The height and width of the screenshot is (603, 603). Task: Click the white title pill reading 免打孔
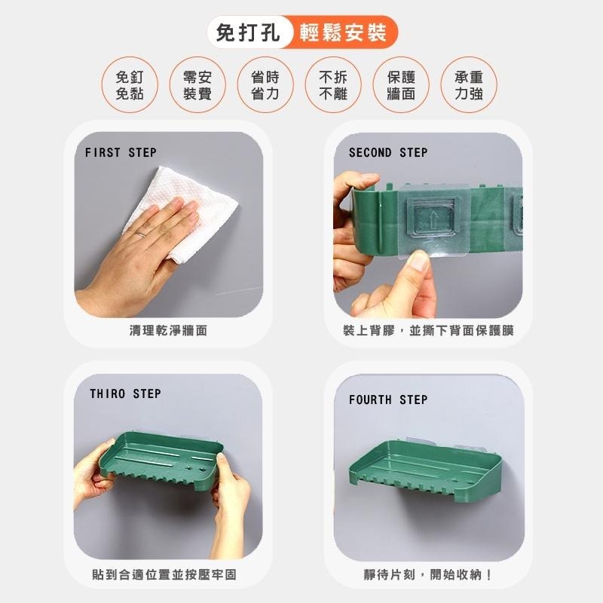[248, 33]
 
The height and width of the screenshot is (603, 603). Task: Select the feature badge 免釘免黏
[130, 84]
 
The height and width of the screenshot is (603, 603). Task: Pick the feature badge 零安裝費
[197, 84]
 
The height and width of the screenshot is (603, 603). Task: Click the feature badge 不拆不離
[332, 84]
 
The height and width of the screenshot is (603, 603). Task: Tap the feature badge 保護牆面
[400, 84]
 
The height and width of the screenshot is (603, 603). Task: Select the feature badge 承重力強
[468, 84]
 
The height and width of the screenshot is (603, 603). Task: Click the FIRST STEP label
[121, 152]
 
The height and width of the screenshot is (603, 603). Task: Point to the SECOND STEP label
[387, 152]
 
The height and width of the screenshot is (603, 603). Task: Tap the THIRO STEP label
[125, 393]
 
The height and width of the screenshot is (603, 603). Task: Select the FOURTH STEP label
[387, 399]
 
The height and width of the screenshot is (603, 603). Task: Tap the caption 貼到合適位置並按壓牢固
[164, 574]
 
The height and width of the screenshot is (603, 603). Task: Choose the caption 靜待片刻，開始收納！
[428, 574]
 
